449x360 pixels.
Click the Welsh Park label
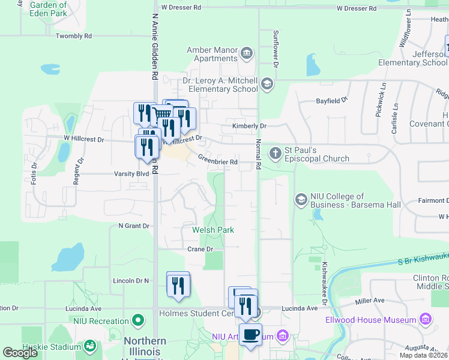[x=213, y=230]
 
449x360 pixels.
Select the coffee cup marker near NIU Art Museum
[x=250, y=334]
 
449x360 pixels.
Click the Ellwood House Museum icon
[x=426, y=317]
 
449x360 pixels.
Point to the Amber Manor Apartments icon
[x=247, y=55]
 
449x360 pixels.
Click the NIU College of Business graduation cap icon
[x=301, y=199]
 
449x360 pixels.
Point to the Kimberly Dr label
[x=249, y=126]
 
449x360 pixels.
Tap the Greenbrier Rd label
[x=218, y=161]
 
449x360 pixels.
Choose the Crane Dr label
[x=200, y=249]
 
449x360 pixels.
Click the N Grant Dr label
[x=133, y=226]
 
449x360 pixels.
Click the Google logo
[x=20, y=352]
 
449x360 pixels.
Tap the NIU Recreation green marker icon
[x=138, y=322]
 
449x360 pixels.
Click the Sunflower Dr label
[x=276, y=47]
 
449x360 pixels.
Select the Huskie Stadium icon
[x=89, y=346]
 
